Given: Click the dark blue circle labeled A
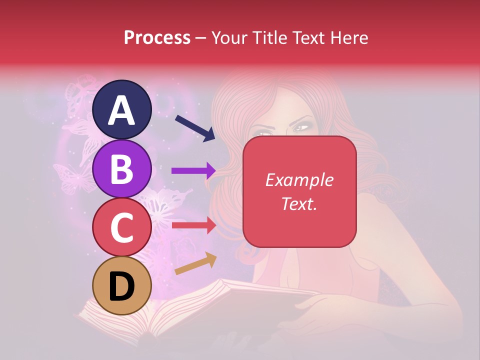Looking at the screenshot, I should pos(122,109).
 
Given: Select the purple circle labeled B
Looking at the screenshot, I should pos(122,168).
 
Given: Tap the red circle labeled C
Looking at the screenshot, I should pos(122,227).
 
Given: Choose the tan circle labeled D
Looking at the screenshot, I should pos(122,285).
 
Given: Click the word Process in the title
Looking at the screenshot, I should pos(157,37).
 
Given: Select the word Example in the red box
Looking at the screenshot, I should pos(299,180).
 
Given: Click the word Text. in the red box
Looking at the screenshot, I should pos(299,203).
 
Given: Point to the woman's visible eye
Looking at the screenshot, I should pos(301,128).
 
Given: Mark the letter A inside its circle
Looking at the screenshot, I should pos(122,110).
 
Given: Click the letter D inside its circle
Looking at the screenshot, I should pos(122,286).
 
